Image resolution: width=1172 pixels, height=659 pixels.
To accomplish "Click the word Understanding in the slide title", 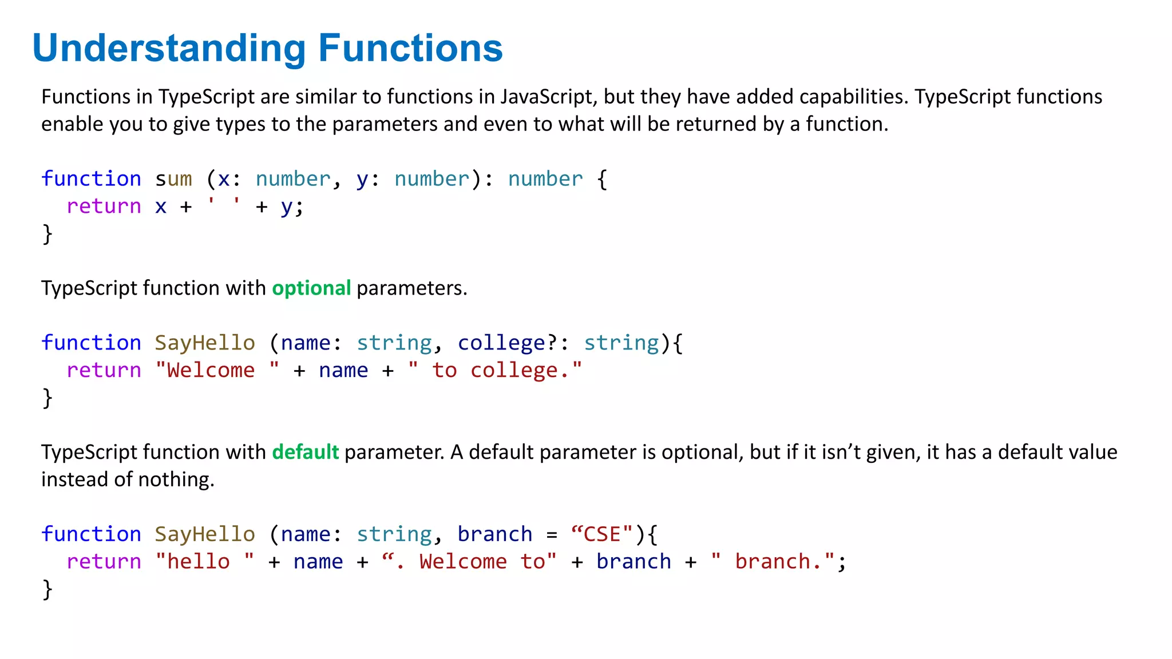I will click(x=169, y=48).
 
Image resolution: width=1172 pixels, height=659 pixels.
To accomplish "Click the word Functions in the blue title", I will click(x=410, y=48).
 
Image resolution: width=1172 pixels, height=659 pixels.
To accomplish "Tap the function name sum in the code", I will click(x=173, y=179).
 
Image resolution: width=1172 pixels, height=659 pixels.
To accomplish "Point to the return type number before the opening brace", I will click(x=545, y=179).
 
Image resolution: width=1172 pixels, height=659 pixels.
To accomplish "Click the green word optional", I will click(x=311, y=288).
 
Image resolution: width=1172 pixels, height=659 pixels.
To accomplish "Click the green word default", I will click(x=305, y=452).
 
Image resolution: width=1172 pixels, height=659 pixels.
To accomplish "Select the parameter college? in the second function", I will click(x=508, y=343).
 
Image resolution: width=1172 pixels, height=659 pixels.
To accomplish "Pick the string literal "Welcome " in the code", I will click(x=217, y=370).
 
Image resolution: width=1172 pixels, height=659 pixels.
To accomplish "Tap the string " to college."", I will click(x=495, y=370).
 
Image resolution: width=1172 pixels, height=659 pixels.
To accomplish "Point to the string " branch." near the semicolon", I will click(x=773, y=561).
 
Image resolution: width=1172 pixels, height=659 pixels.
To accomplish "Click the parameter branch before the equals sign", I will click(x=494, y=534).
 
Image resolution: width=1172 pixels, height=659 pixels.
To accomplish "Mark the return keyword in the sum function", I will click(x=104, y=206).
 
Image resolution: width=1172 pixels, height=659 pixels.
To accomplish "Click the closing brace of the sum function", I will click(x=47, y=234).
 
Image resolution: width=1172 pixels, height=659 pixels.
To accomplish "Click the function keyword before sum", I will click(x=91, y=179).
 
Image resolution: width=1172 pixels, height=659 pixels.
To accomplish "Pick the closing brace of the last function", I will click(x=47, y=589).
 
